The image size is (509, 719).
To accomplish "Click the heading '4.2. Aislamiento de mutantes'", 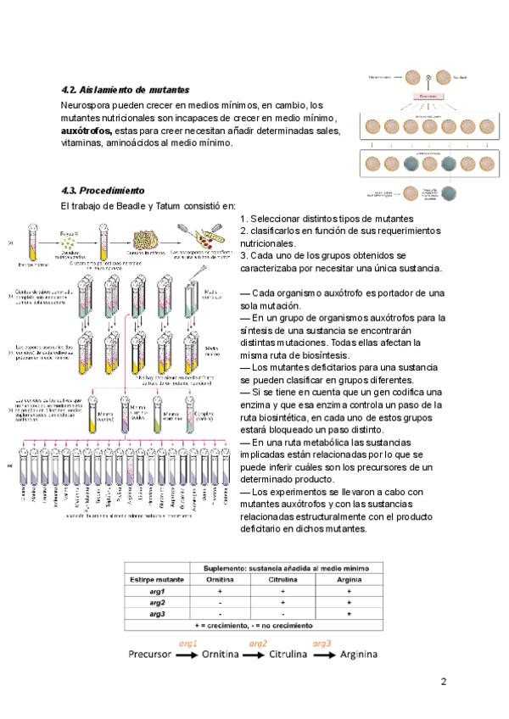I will (x=126, y=90).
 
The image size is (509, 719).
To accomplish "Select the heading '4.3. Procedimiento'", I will (x=103, y=191).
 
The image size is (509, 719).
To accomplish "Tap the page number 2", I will (x=443, y=681).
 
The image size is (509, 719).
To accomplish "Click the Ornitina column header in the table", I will (x=220, y=579).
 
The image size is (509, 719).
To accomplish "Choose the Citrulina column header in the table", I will (x=284, y=579).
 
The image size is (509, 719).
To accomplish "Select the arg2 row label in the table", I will (x=157, y=601).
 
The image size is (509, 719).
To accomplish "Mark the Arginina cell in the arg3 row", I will (x=349, y=612).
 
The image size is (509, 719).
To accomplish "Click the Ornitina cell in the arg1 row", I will (x=220, y=590).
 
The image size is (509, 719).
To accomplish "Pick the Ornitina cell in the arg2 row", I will (x=220, y=601).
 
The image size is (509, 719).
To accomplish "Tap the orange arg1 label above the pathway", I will (x=187, y=644).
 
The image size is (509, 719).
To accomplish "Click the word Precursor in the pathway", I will (x=149, y=655).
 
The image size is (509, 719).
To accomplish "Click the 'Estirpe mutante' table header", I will (x=157, y=579).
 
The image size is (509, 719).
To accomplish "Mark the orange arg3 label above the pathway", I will (x=322, y=644).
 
